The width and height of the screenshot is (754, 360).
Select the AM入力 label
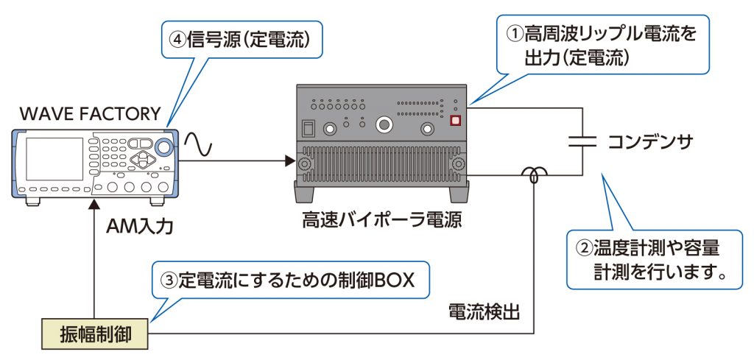140,226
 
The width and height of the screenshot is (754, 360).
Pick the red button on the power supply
455,121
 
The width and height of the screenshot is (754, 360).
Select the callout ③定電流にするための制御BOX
292,280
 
